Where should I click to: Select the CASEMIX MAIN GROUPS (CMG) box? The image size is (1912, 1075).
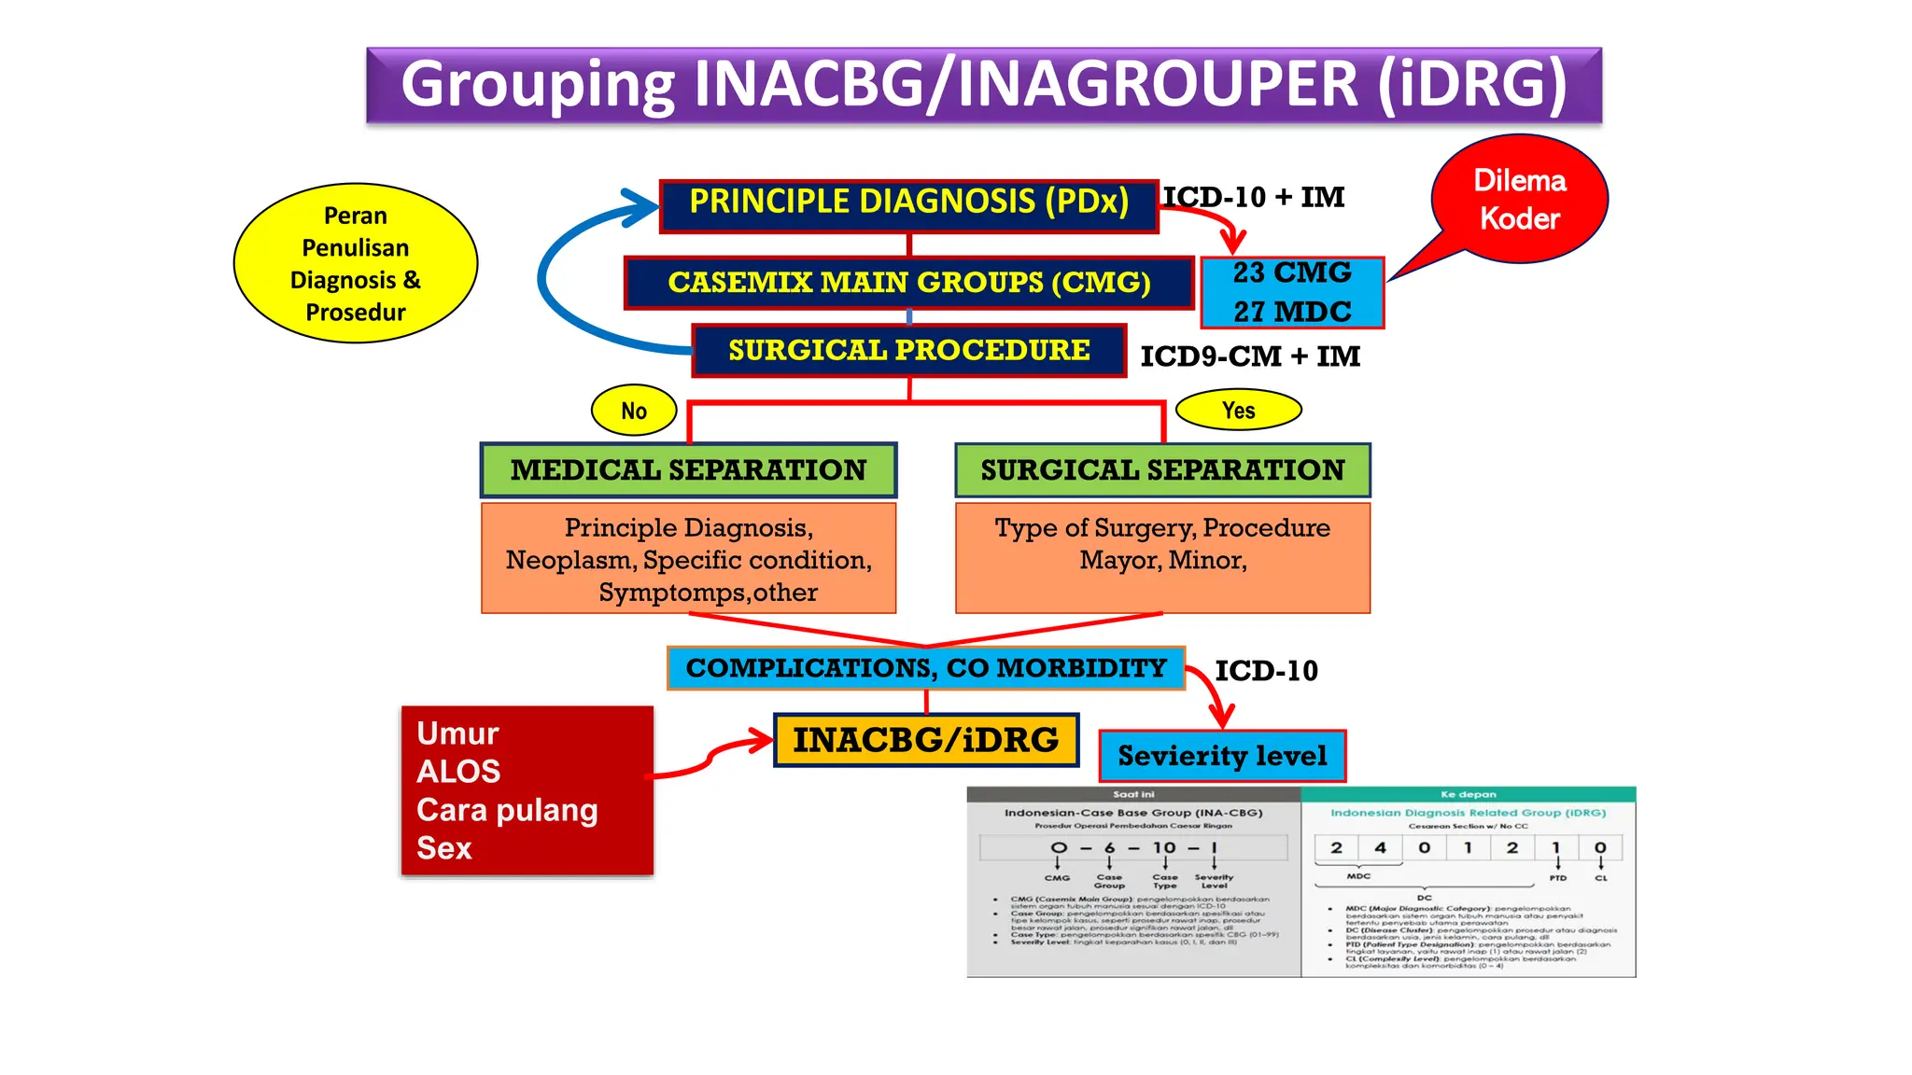[x=908, y=283]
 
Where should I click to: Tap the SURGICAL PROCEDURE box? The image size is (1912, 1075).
[x=908, y=351]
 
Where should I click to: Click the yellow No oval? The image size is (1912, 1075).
[x=634, y=411]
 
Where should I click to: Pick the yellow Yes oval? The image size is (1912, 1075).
[x=1238, y=410]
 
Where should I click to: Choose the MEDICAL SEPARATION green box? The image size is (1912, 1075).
[x=688, y=470]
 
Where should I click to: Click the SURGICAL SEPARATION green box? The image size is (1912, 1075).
[x=1162, y=470]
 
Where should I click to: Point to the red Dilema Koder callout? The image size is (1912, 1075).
[x=1519, y=199]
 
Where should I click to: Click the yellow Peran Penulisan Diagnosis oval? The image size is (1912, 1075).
[x=356, y=263]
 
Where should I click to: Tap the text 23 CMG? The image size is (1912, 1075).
[x=1291, y=273]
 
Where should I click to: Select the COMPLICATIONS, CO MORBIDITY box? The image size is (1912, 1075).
[x=926, y=668]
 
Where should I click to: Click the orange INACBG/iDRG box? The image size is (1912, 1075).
[x=926, y=740]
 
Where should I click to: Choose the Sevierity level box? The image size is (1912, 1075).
[x=1222, y=756]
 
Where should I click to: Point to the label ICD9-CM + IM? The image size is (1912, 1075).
[x=1250, y=356]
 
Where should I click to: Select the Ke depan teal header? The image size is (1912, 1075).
[x=1468, y=795]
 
